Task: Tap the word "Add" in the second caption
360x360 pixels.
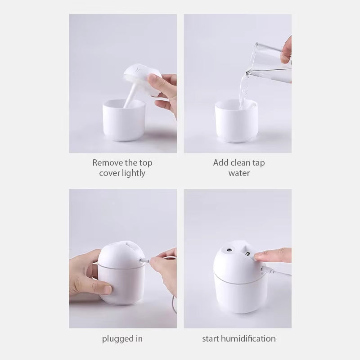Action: coord(220,162)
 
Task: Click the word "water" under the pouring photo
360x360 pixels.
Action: coord(238,173)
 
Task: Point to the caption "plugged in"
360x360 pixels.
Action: coord(122,338)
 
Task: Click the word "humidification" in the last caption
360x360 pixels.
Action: coord(249,338)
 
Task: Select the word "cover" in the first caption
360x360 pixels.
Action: coord(110,173)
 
